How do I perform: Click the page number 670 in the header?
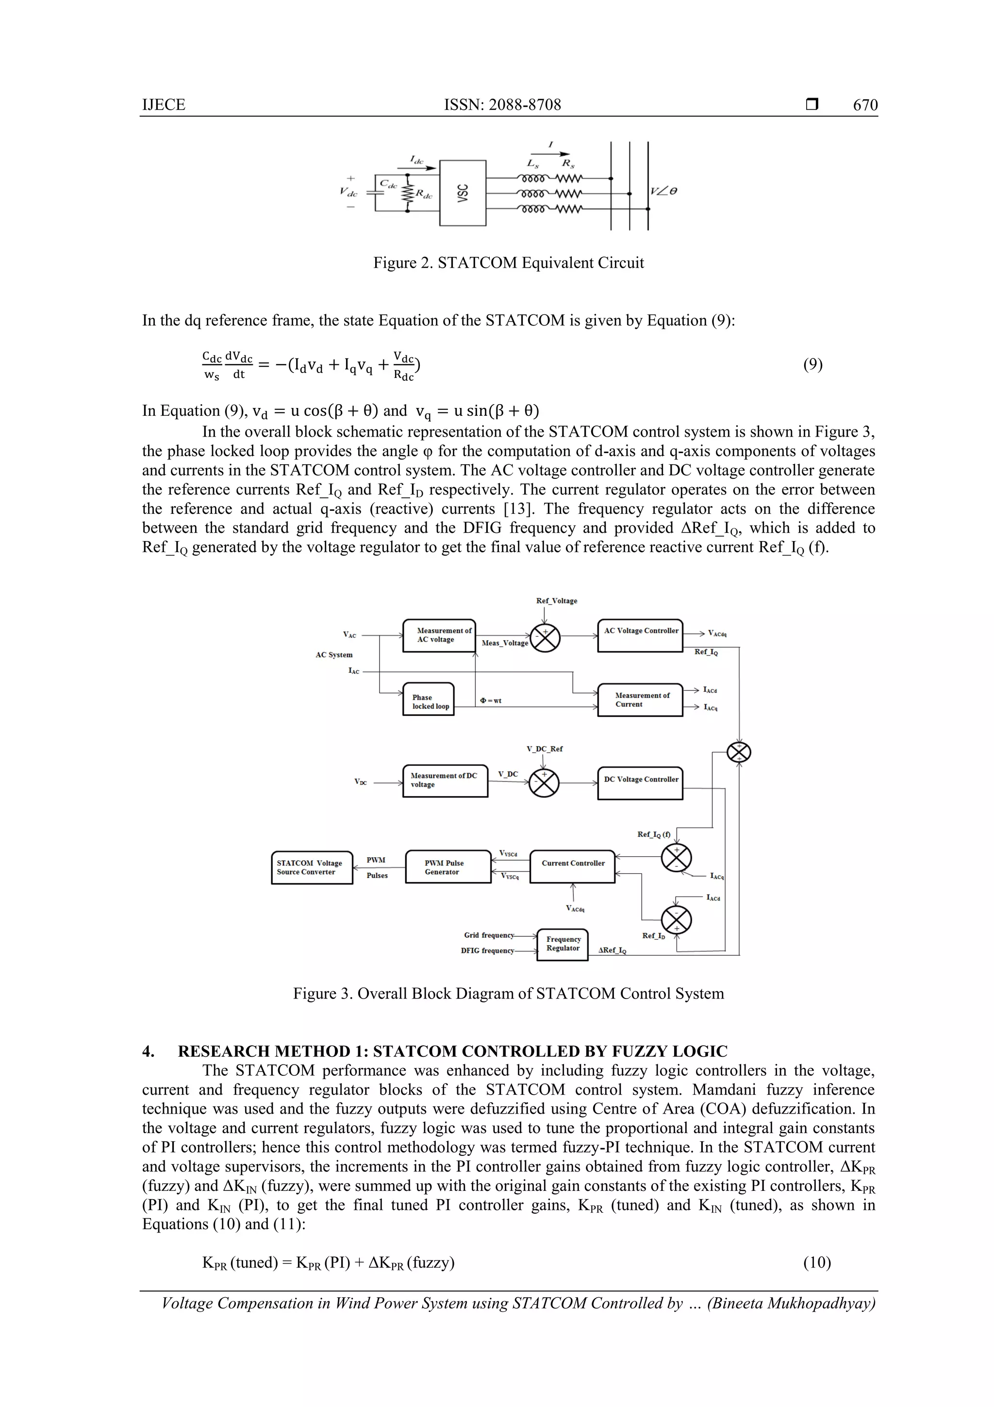point(865,105)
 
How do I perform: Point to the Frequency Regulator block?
point(562,944)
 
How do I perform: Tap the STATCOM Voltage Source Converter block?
point(312,867)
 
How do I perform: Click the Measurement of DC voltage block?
point(445,780)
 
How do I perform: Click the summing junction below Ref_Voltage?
point(545,637)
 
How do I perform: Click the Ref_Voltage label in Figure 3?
point(556,601)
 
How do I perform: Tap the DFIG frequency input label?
point(487,950)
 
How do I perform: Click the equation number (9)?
point(812,365)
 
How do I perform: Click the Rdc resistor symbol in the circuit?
point(408,195)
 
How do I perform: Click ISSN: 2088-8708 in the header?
point(502,105)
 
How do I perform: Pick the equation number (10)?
point(817,1262)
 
